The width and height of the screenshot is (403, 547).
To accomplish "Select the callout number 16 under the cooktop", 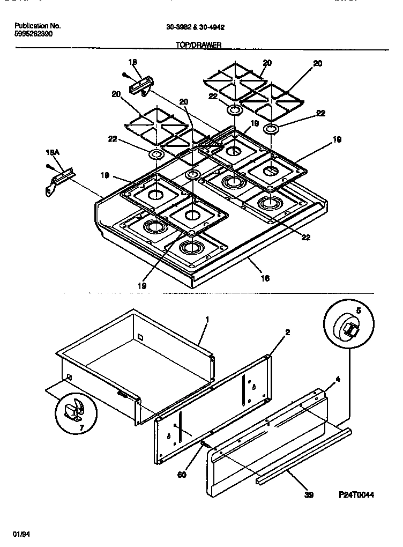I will pyautogui.click(x=265, y=278).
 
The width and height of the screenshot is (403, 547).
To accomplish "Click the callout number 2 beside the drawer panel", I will pyautogui.click(x=287, y=332).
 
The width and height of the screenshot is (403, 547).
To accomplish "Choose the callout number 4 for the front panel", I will pyautogui.click(x=338, y=379).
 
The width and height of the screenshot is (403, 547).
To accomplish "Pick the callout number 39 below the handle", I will pyautogui.click(x=308, y=495).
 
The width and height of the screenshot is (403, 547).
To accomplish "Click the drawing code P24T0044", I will pyautogui.click(x=356, y=495).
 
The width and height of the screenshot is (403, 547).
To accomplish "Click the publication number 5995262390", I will pyautogui.click(x=33, y=33).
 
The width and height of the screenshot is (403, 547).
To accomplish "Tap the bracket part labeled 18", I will pyautogui.click(x=141, y=85).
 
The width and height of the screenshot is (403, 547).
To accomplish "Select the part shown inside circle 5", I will pyautogui.click(x=350, y=329).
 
